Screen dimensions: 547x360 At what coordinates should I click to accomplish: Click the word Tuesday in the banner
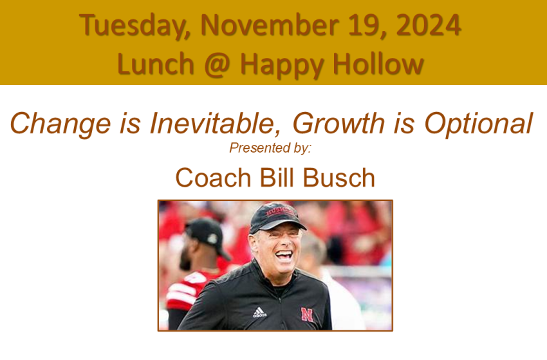coord(134,26)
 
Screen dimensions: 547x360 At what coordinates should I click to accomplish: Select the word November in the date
coord(269,25)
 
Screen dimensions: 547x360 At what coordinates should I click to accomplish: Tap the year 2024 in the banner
coord(429,25)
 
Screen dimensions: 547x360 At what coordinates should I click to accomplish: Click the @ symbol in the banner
coord(217,64)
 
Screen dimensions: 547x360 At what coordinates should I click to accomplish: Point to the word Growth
coord(338,123)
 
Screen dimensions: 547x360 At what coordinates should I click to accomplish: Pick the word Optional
coord(478,124)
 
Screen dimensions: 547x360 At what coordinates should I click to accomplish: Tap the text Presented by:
coord(270,148)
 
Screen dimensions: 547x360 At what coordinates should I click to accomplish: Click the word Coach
coord(213,178)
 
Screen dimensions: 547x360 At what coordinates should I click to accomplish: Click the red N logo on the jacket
coord(307,314)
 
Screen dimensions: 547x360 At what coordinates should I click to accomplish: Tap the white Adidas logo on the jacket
coord(259,312)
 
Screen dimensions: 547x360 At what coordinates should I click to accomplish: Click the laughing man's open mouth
coord(284,256)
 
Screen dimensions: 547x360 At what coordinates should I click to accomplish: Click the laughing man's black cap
coord(276,217)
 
